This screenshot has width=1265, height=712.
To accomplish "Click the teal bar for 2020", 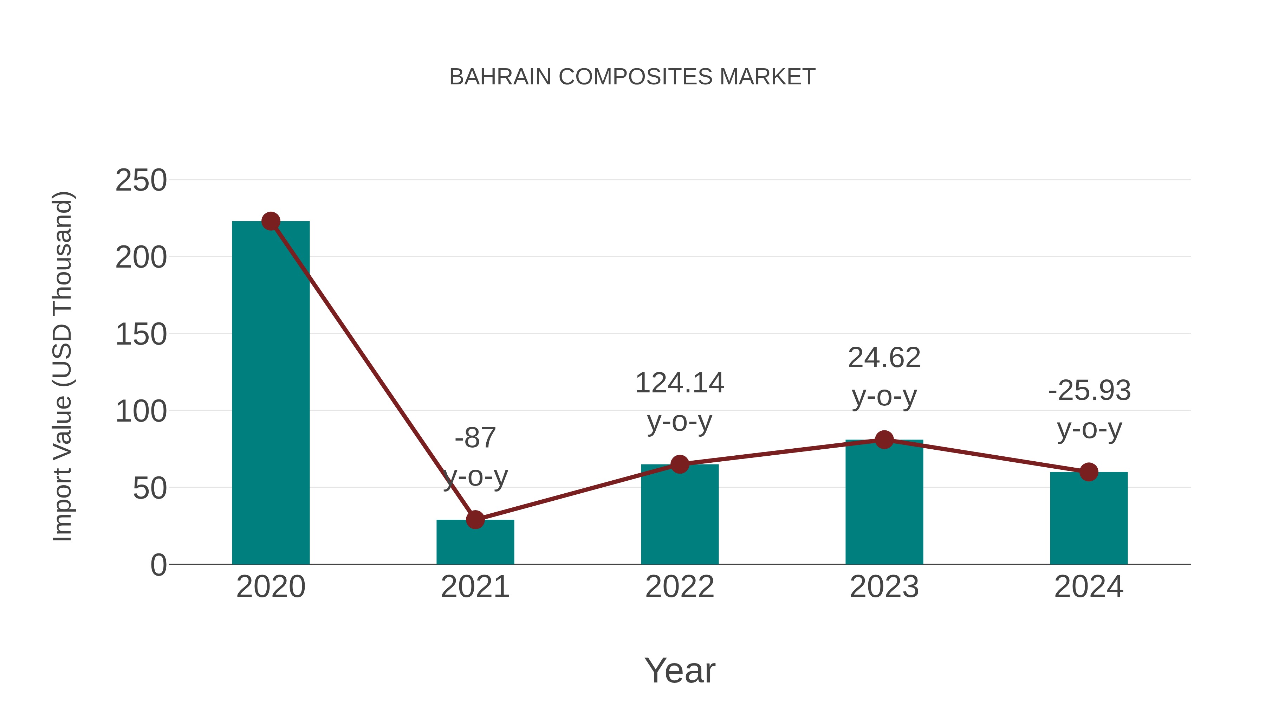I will coord(271,393).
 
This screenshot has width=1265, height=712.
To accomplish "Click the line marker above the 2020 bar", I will coord(271,221).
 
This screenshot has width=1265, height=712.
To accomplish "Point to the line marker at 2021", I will coord(475,519).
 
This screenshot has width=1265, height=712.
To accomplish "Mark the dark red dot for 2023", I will coord(884,440).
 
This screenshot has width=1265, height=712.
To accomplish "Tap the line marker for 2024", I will coord(1088,472).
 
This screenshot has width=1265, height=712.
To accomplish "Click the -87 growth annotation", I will coord(475,437).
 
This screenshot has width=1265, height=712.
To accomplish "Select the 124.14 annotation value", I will coord(679,383).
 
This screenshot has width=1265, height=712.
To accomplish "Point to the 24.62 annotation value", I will coord(884,357).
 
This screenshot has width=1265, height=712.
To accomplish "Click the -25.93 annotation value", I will coord(1089,391).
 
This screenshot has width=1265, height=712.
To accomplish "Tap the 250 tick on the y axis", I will coord(141,180).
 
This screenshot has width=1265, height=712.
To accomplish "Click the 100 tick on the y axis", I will coord(141,411).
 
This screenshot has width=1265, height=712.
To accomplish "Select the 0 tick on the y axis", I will coord(158,565).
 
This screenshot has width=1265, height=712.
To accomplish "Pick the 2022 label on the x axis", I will coord(679,587).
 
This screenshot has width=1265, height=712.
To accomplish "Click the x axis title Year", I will coord(679,670).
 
